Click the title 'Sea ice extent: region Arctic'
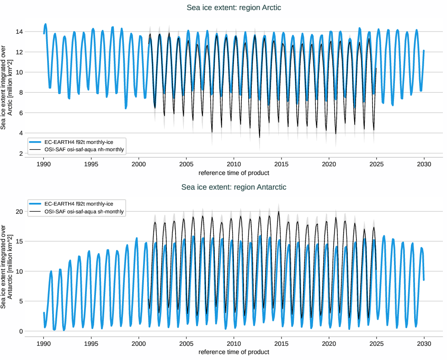[x=234, y=8]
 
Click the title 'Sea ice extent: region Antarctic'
[x=234, y=187]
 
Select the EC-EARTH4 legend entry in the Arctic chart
[x=76, y=142]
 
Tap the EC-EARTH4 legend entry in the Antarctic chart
[x=76, y=204]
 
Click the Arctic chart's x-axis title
[x=234, y=173]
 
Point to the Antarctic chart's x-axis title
[x=234, y=352]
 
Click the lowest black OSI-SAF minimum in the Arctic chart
[x=260, y=138]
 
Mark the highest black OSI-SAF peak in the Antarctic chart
[x=279, y=211]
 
